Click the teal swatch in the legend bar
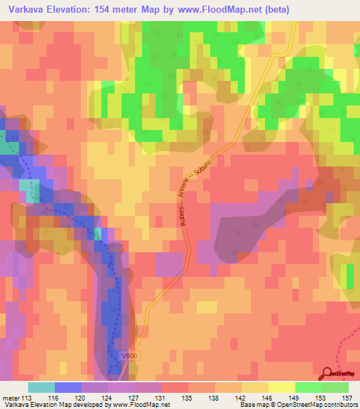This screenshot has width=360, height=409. (41, 387)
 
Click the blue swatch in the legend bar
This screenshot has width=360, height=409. (68, 387)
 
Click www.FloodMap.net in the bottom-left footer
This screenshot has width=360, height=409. (137, 405)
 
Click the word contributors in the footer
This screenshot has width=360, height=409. (340, 405)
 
